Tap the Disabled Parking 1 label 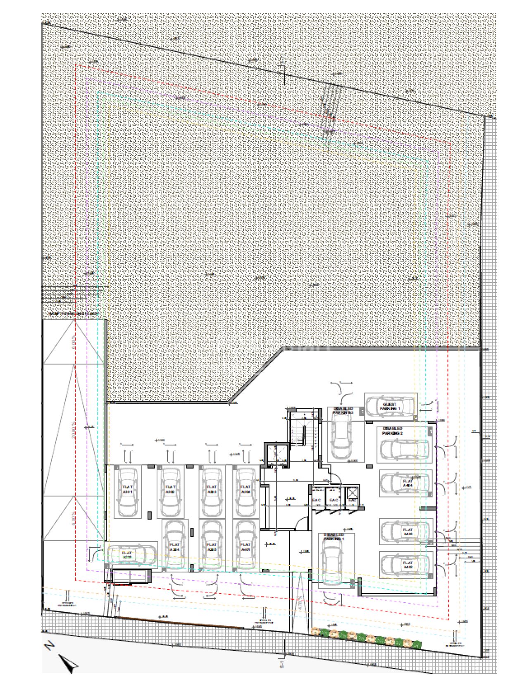tap(334, 537)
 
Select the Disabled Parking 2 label tap(392, 431)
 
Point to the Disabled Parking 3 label tap(343, 410)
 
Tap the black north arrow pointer tap(68, 662)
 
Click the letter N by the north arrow tap(50, 645)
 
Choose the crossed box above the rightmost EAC tap(352, 492)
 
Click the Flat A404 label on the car tap(407, 483)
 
